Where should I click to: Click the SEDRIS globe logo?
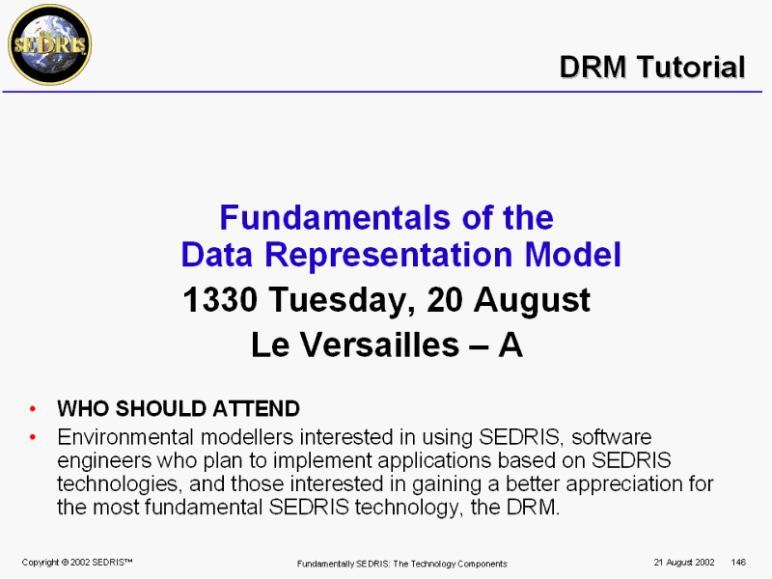click(x=50, y=44)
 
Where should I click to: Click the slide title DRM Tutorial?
click(x=652, y=67)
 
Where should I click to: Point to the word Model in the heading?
click(x=572, y=255)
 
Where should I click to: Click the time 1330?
click(x=220, y=299)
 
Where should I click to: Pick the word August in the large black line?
click(x=532, y=300)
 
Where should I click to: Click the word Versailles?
click(x=380, y=345)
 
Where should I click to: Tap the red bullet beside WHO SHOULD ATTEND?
click(x=33, y=408)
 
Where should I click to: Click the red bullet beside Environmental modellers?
click(x=33, y=437)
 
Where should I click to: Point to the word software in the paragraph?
click(x=612, y=437)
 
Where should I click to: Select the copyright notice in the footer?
click(x=77, y=563)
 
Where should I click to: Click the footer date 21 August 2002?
click(x=684, y=563)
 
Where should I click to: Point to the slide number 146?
click(x=738, y=563)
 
